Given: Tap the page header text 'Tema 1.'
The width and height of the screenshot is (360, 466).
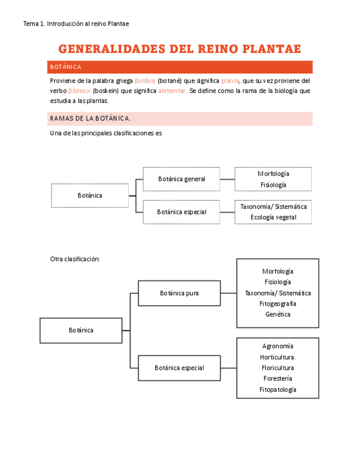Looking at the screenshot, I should pos(34,24).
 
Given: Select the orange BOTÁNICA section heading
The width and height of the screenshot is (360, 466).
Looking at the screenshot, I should pos(65,67).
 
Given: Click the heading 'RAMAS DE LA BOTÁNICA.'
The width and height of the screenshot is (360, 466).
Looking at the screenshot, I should pos(90,119).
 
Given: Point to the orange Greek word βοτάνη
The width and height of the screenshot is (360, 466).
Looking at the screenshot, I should pos(145,80).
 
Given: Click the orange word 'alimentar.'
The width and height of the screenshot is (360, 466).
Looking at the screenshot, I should pos(173,91).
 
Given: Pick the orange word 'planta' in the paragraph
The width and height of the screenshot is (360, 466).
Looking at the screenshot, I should pos(230,80).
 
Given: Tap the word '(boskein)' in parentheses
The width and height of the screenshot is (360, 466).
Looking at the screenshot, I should pos(105,91).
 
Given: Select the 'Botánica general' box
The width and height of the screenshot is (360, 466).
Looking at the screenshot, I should pos(181,179).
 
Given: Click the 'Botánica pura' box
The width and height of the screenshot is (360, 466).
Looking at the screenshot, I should pos(179,293).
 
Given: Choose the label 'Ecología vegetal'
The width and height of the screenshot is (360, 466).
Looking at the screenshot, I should pos(273,217).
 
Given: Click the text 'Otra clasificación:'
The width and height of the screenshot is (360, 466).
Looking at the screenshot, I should pos(75,259).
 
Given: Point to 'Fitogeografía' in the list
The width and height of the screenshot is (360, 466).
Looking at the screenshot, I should pos(278,303).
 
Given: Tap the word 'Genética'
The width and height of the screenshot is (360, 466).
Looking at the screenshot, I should pos(278,314).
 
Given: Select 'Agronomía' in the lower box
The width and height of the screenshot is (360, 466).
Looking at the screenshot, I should pos(278,346).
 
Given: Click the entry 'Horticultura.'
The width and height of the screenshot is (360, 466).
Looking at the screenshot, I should pos(278,357).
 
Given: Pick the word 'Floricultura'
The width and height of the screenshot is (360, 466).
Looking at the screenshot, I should pos(278,368).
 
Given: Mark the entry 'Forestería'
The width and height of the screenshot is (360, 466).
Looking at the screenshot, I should pos(278,379).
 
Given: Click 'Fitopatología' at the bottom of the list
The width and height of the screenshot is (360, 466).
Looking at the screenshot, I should pos(278,390).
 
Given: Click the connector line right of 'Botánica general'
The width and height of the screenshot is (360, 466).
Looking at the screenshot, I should pos(227,179).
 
